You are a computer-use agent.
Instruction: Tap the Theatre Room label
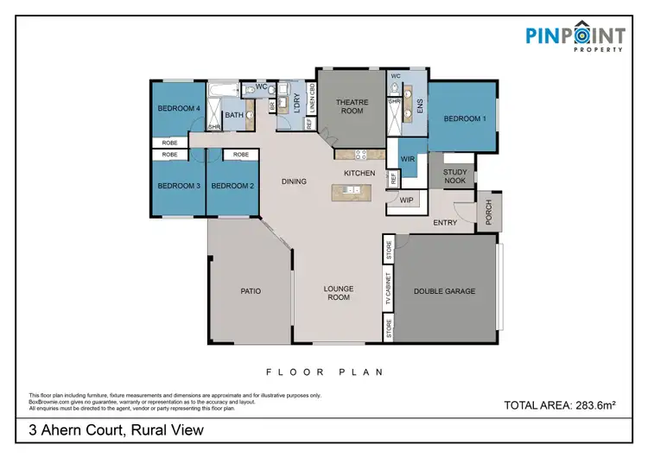(352, 107)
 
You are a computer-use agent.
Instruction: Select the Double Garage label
(444, 291)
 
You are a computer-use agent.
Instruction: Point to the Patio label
(251, 291)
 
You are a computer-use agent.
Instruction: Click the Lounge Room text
(338, 293)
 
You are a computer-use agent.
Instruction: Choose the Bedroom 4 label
(179, 108)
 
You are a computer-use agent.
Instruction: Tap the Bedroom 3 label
(179, 186)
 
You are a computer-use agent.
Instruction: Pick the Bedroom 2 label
(232, 186)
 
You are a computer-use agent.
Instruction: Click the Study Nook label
(455, 177)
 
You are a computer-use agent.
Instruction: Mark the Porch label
(488, 212)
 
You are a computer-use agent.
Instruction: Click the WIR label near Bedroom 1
(410, 159)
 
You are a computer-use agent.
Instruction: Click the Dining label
(295, 181)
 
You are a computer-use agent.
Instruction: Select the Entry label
(445, 222)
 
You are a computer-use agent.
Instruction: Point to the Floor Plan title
(324, 372)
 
